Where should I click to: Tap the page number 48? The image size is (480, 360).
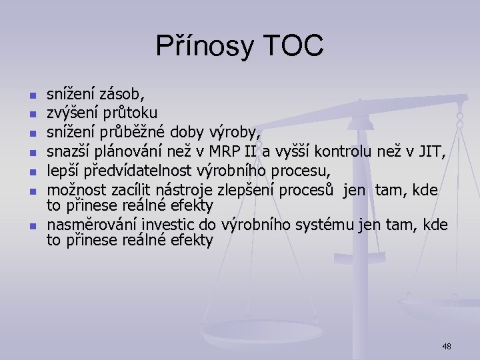pos(446,346)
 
